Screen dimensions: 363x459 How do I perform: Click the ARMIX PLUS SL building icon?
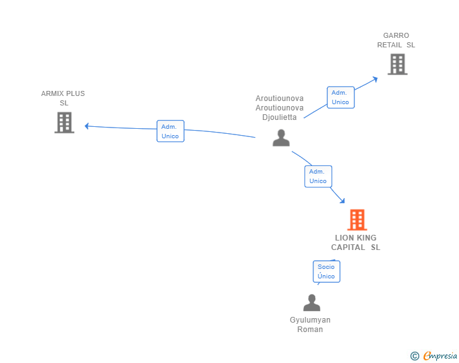(64, 122)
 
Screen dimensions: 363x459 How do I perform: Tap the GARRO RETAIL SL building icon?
(397, 64)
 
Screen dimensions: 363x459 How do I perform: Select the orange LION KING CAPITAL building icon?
(357, 220)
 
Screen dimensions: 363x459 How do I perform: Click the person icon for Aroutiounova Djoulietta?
(281, 138)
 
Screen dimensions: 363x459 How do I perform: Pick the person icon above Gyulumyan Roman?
(311, 303)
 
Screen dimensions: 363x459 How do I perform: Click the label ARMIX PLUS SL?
(63, 98)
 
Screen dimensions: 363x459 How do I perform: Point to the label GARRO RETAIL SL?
(396, 40)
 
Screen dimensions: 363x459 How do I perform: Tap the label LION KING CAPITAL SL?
(356, 242)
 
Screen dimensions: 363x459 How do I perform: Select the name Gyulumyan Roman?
(310, 324)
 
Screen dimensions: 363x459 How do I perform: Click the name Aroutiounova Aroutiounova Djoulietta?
(279, 107)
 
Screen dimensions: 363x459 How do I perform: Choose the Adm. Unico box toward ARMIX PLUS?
(170, 131)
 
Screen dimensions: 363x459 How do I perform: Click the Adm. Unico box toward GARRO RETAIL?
(340, 97)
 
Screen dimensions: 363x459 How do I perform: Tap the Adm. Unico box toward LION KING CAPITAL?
(318, 176)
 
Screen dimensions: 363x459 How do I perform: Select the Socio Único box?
(326, 271)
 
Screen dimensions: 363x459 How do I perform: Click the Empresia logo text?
(440, 356)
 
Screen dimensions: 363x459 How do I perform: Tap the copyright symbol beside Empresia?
(414, 356)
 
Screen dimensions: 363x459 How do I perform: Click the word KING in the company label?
(366, 238)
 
